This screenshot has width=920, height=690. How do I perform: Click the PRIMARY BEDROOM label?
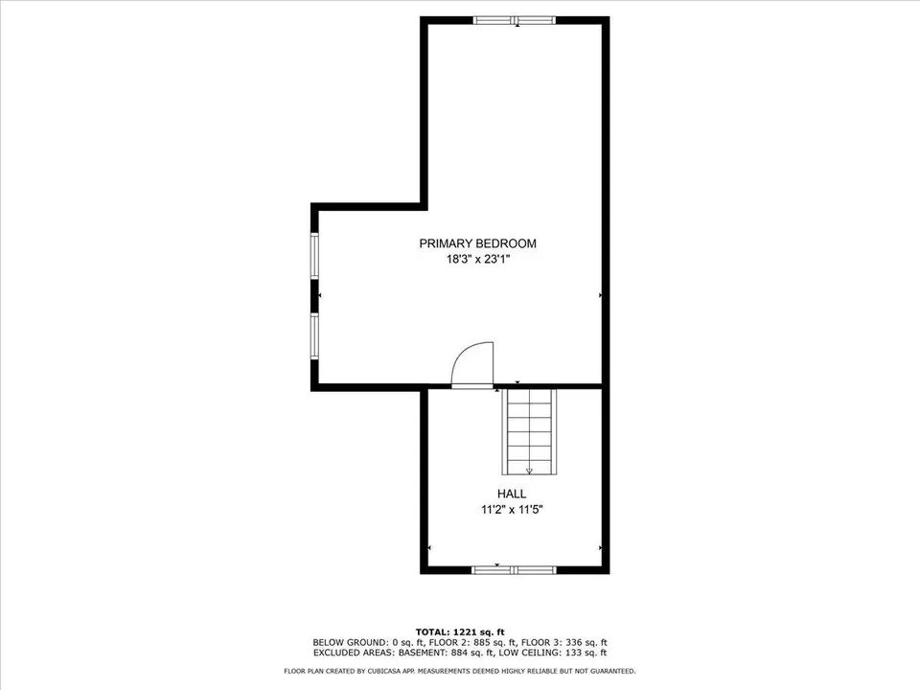[x=477, y=243]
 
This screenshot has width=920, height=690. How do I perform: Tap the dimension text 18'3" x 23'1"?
[x=477, y=259]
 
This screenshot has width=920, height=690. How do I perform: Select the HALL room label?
[x=511, y=494]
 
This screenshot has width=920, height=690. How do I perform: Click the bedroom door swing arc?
[x=473, y=362]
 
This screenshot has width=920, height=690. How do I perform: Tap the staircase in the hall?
[x=529, y=431]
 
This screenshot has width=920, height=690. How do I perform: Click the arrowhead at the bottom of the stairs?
[x=529, y=471]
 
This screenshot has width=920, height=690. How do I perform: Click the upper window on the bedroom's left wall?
[x=314, y=256]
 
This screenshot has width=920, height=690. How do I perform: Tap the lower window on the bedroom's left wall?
[x=314, y=336]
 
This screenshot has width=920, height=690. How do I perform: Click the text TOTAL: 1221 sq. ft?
[x=459, y=632]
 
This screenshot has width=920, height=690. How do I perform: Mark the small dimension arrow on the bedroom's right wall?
[x=600, y=296]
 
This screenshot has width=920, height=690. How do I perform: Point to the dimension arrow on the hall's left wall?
[x=428, y=547]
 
